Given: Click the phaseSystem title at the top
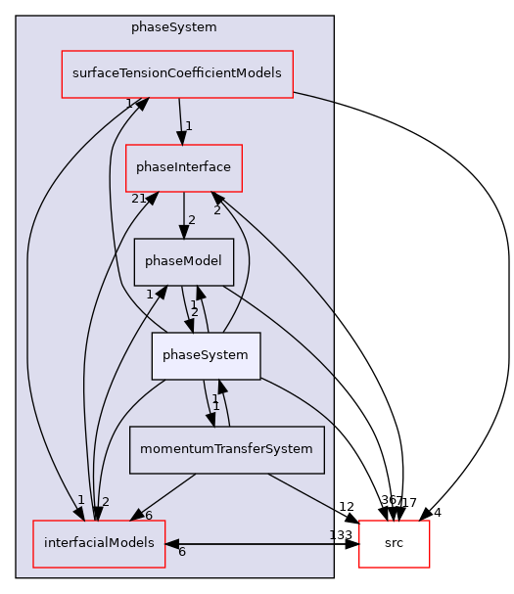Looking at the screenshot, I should coord(174,27).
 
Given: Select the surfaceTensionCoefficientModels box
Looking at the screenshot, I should coord(177,74).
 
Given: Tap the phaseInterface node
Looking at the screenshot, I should coord(184,167).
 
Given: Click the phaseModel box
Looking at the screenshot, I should coord(183,261).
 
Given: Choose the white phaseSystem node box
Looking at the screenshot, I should coord(206,356).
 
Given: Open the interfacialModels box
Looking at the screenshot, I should coord(99,544).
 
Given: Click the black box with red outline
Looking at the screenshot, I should coord(394,544).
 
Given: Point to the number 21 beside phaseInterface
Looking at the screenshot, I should coord(139,199).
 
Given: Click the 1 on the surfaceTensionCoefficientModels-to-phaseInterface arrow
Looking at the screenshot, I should coord(189,126).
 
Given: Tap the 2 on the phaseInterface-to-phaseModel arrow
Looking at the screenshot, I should coord(191,220).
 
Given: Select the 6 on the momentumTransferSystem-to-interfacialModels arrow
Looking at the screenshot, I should coord(148,516).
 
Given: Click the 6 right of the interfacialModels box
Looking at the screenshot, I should coord(181,553).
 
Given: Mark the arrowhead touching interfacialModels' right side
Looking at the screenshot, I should coord(172,543).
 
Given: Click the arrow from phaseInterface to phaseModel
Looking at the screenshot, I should coord(183,214).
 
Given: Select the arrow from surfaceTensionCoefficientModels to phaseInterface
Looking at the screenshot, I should coord(180,120).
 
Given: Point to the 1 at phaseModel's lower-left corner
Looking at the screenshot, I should coord(150,294).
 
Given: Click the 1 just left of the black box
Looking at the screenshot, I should coord(333,534).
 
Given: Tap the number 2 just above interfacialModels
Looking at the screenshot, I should coord(105,502).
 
